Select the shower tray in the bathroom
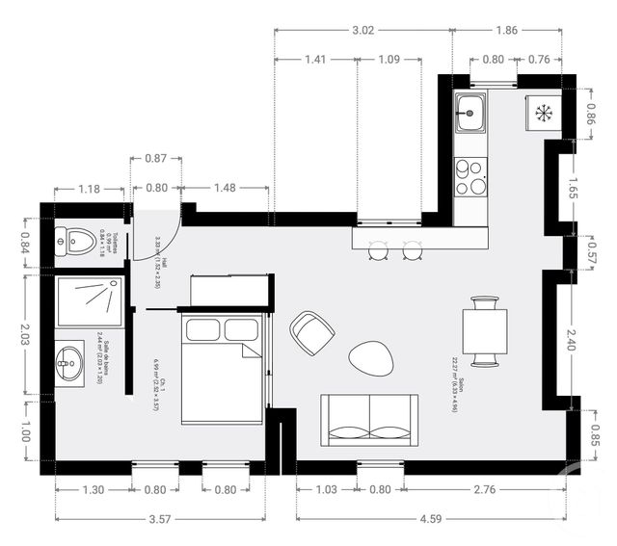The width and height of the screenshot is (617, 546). click(90, 300)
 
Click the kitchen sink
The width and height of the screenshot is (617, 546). click(471, 114)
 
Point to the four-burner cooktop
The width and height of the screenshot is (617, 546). click(471, 176)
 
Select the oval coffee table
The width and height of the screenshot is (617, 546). click(371, 359)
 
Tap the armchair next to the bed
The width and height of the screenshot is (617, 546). click(312, 332)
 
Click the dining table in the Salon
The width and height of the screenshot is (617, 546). click(484, 332)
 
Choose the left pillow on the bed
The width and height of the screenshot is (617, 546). click(202, 330)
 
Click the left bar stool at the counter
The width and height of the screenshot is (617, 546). click(378, 250)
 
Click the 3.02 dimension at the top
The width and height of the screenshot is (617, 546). click(363, 31)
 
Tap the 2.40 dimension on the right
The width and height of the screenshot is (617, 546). click(573, 338)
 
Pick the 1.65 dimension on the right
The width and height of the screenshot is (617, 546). click(573, 187)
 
